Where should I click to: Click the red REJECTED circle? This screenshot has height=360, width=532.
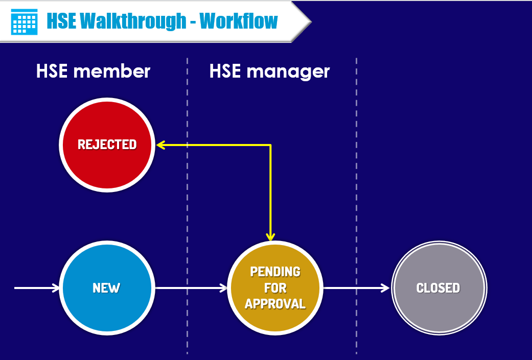(107, 145)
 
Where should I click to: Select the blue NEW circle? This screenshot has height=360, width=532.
(106, 288)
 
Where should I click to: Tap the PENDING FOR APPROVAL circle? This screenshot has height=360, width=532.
(275, 288)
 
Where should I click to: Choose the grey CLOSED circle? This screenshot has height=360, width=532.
(438, 288)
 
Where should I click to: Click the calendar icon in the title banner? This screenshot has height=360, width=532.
(24, 21)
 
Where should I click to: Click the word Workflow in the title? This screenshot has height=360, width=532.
(239, 21)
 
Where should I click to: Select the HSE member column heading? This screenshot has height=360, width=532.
(93, 71)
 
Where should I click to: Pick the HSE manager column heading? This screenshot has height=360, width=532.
(269, 71)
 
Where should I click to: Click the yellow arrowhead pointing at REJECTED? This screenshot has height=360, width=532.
(160, 145)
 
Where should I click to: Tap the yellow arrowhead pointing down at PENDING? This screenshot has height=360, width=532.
(270, 236)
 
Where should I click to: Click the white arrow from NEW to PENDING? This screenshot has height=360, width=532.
(191, 288)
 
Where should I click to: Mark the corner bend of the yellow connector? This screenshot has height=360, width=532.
(270, 146)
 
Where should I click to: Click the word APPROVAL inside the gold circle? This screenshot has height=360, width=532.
(275, 304)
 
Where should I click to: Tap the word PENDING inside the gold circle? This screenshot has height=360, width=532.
(275, 271)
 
